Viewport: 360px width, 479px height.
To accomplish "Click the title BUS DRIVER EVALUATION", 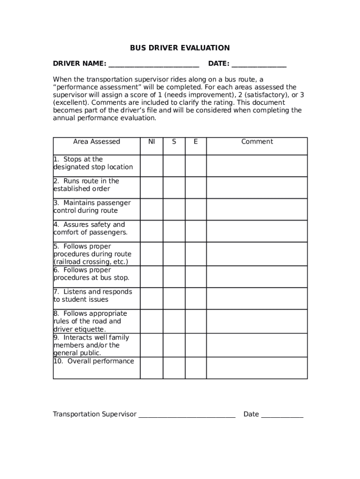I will point(180,48).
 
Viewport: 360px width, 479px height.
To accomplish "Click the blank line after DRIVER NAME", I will point(153,64).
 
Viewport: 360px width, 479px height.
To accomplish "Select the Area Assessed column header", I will point(96,142).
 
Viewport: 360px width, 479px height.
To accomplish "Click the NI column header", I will point(151,142).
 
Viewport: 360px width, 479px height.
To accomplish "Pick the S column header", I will point(174,142).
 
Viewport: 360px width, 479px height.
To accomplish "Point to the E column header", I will point(195,142).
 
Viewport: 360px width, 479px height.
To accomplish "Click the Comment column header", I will point(257,142).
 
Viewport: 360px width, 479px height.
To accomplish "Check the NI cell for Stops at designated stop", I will point(151,166).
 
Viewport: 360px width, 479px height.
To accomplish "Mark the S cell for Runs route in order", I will point(174,187).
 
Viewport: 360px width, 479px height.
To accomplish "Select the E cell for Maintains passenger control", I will point(195,209).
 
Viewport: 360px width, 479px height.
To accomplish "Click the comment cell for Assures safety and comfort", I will point(257,231).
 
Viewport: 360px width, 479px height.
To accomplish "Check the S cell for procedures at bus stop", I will point(174,276).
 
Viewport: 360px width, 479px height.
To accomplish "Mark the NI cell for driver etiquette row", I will point(151,321).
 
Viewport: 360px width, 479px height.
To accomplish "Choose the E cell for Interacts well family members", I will point(195,345).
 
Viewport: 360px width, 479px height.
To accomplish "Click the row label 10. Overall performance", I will point(94,361).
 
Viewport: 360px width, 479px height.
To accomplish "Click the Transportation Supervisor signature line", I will point(187,414).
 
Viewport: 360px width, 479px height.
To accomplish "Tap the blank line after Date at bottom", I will point(282,414).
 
